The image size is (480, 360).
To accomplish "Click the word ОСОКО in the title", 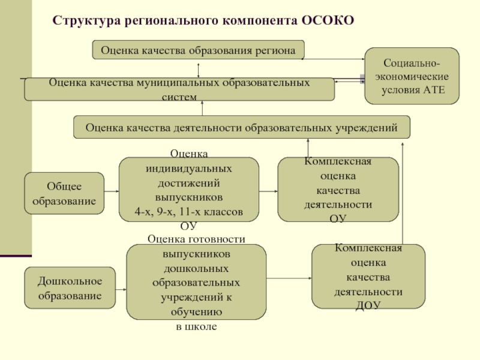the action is tap(328, 20).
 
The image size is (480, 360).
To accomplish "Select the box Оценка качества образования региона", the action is tap(199, 50).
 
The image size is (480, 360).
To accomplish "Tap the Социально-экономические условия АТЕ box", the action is tap(412, 76).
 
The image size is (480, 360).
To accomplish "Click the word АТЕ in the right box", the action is tap(434, 90).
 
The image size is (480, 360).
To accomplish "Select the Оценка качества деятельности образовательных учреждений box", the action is tap(242, 127).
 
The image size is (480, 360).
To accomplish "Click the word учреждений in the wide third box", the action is tap(367, 128).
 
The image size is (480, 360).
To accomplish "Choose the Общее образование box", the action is tap(64, 193).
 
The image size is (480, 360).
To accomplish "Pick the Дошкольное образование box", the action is tap(70, 288).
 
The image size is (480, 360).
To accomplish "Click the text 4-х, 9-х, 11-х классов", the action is tap(189, 212).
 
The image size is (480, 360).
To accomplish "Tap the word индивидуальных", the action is tap(189, 169).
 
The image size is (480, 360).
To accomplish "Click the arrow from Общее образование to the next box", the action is tap(112, 191).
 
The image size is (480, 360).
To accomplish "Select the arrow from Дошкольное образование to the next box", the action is tap(121, 289).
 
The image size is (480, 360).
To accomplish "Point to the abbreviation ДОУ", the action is tap(368, 305).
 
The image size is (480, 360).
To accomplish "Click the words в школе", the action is tap(196, 326).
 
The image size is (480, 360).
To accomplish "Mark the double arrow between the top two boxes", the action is tap(199, 70).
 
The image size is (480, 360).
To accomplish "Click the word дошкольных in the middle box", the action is tap(196, 269).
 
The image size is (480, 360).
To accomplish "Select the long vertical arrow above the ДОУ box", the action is tap(403, 193).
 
